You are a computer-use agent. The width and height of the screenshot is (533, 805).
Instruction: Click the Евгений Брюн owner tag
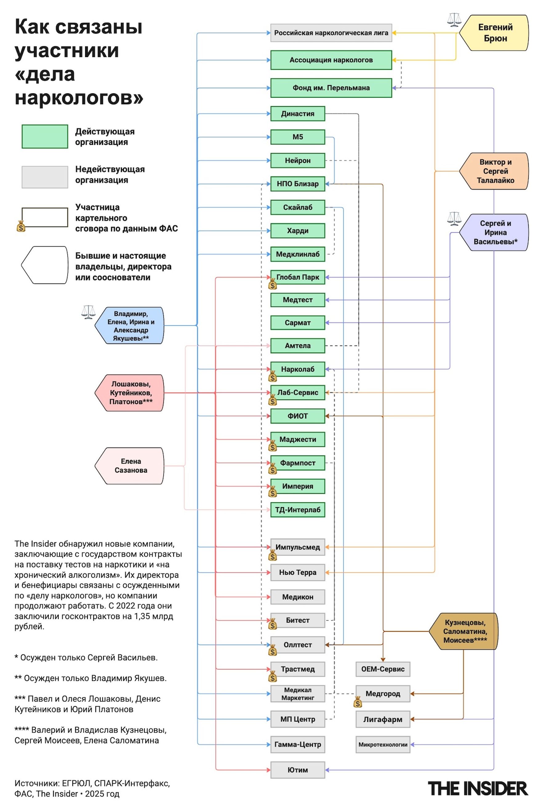[x=495, y=33]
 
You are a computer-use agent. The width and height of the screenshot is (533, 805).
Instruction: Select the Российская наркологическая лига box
[x=331, y=33]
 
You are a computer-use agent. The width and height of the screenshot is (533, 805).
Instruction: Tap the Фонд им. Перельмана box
[x=331, y=88]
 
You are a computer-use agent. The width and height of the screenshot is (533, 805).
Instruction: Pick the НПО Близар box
[x=298, y=184]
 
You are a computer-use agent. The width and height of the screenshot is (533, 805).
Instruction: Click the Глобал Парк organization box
[x=298, y=277]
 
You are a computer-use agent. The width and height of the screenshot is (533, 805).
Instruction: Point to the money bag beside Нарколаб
[x=273, y=376]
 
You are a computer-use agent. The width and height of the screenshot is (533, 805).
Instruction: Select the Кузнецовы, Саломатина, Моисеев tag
[x=464, y=631]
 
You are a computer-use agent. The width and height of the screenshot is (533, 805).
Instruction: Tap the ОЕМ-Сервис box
[x=383, y=669]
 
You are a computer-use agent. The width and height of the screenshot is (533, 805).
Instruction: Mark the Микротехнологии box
[x=383, y=744]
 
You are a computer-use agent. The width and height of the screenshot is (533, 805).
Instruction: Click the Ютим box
[x=298, y=770]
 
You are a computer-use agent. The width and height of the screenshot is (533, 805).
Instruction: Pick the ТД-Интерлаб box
[x=298, y=509]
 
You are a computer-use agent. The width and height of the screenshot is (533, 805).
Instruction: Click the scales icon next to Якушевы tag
[x=88, y=312]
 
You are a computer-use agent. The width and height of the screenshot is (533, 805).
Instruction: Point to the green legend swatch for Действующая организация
[x=45, y=137]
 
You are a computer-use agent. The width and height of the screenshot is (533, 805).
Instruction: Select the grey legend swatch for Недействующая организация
[x=45, y=177]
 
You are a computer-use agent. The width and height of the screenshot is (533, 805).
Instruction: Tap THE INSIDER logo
[x=478, y=788]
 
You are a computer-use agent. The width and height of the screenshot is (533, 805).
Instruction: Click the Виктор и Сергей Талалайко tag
[x=495, y=171]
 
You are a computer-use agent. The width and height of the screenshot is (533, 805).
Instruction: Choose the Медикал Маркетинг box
[x=298, y=694]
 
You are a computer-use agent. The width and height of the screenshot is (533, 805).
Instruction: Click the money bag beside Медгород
[x=358, y=702]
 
